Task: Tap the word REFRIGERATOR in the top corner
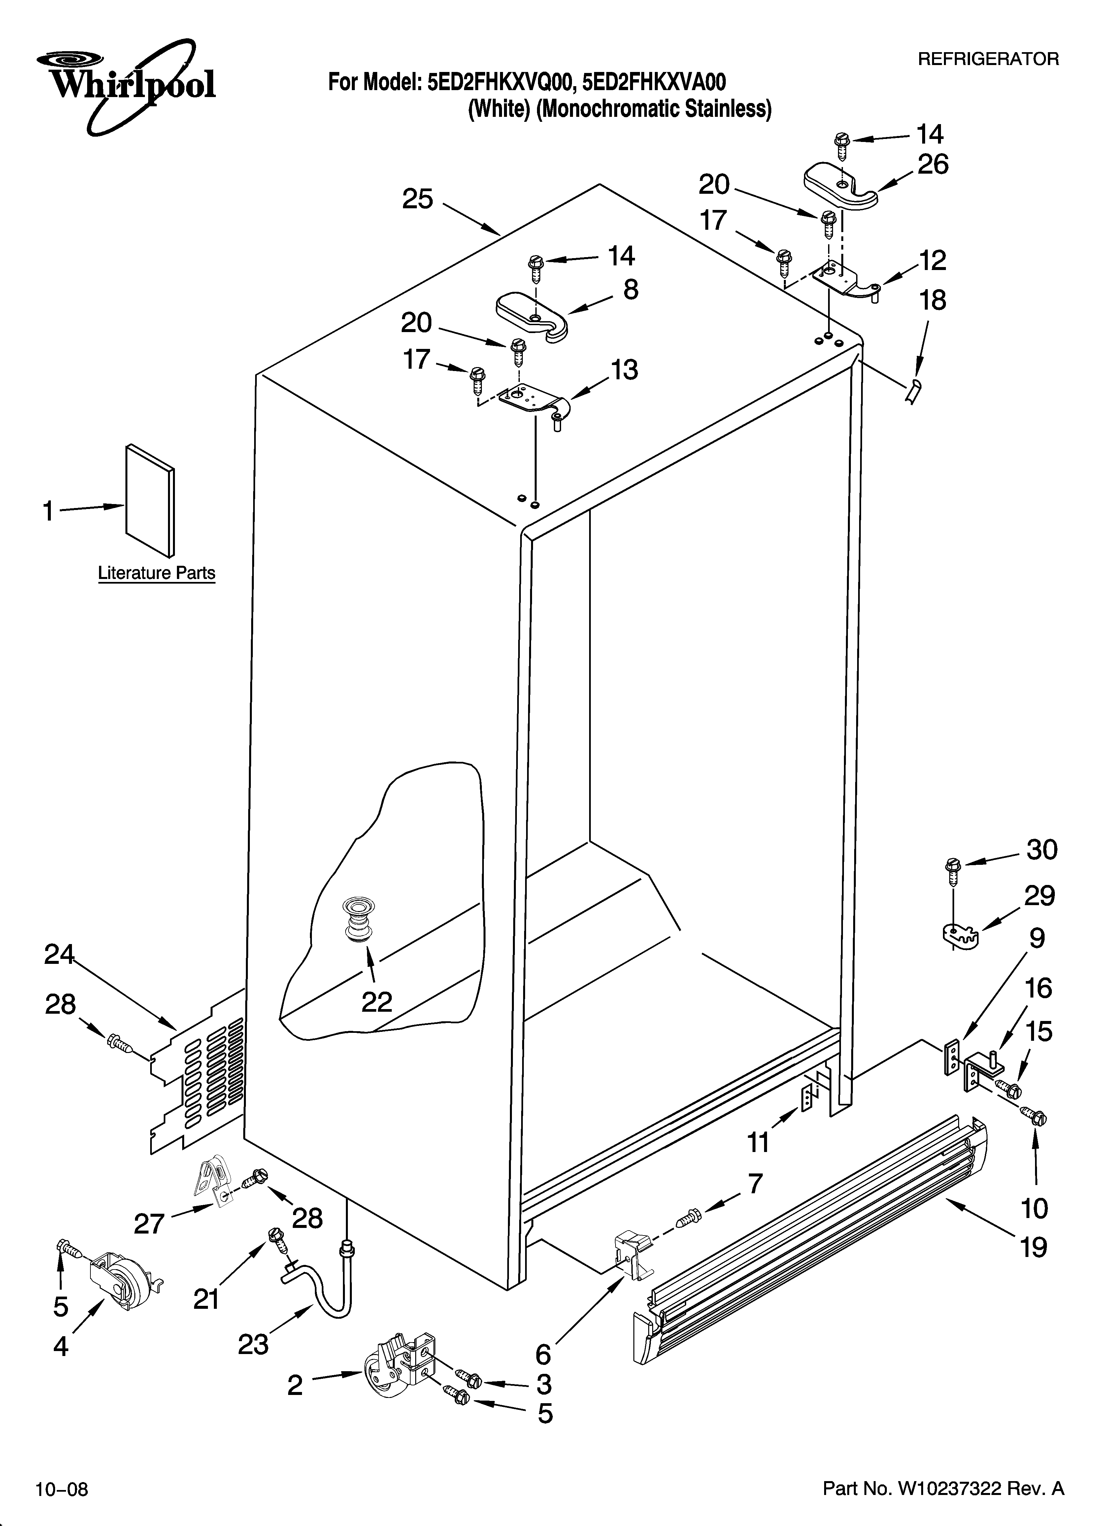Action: [988, 59]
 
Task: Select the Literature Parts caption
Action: [156, 573]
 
